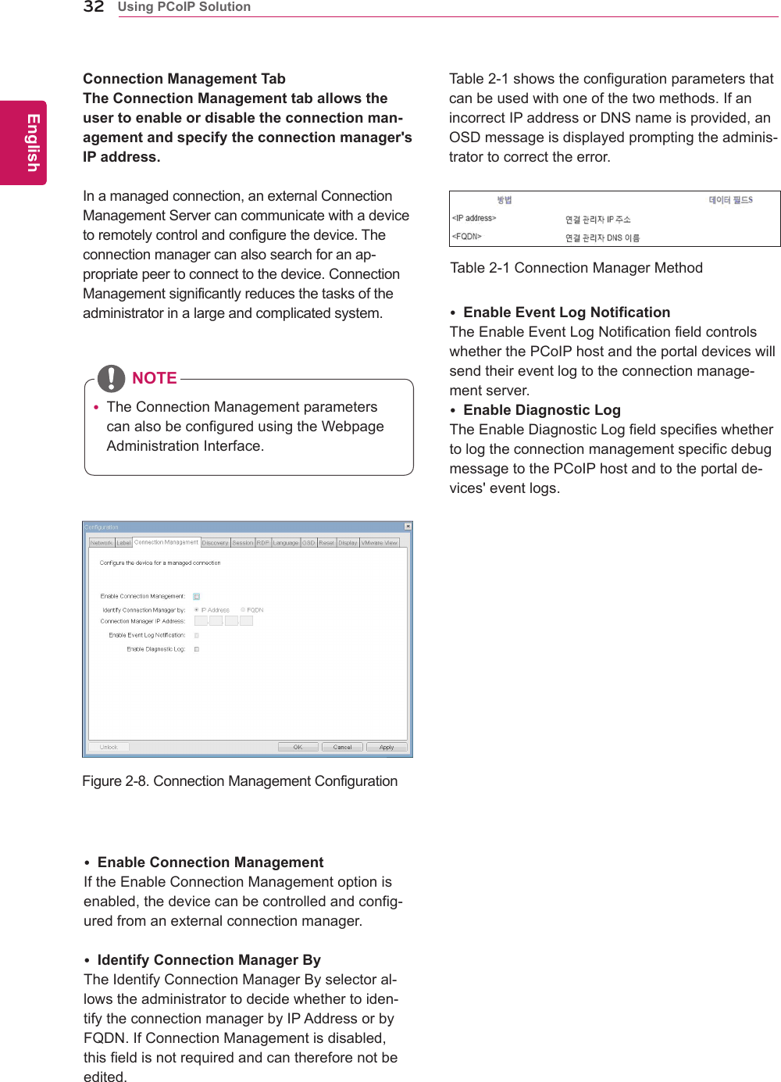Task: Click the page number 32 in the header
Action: pyautogui.click(x=94, y=7)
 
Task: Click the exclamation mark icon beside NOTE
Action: pyautogui.click(x=112, y=378)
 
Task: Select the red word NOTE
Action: pyautogui.click(x=154, y=378)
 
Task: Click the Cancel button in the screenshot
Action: pyautogui.click(x=342, y=747)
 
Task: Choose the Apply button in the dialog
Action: pyautogui.click(x=387, y=747)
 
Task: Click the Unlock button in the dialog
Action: pyautogui.click(x=109, y=747)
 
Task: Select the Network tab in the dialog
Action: pyautogui.click(x=102, y=542)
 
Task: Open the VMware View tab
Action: pyautogui.click(x=380, y=542)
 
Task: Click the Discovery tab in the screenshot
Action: pyautogui.click(x=216, y=542)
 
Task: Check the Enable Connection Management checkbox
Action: pyautogui.click(x=197, y=596)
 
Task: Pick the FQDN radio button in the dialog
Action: pyautogui.click(x=243, y=609)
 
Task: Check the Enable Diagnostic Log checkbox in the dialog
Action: pyautogui.click(x=197, y=649)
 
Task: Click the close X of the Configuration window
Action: pyautogui.click(x=408, y=527)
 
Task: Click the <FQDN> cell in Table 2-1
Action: pyautogui.click(x=467, y=236)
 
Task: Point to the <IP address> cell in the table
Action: pyautogui.click(x=474, y=218)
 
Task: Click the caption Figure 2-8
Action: pyautogui.click(x=240, y=781)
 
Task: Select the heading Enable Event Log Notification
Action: pyautogui.click(x=566, y=312)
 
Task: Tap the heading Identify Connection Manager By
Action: pyautogui.click(x=209, y=960)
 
